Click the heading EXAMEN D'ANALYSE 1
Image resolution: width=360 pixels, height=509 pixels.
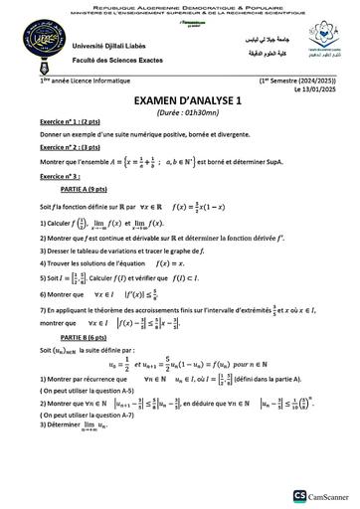pyautogui.click(x=180, y=100)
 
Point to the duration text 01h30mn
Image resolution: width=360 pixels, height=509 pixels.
pyautogui.click(x=188, y=112)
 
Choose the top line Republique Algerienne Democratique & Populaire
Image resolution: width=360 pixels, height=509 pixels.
pyautogui.click(x=180, y=5)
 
